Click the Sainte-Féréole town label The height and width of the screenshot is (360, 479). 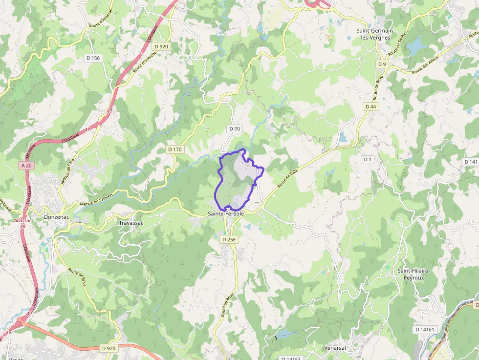coord(226,214)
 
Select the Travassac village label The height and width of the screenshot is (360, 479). coord(131,223)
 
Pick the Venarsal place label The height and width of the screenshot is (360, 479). coord(335,348)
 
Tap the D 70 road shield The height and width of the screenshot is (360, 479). coord(235,129)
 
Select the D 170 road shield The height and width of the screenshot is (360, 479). coord(174,149)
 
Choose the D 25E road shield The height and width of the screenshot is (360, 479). coord(229,239)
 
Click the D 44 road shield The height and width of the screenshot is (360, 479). coord(370,106)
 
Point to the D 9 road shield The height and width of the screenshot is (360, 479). coord(382,64)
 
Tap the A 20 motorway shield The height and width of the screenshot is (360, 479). coord(27,166)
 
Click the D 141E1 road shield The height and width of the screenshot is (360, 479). coord(425,330)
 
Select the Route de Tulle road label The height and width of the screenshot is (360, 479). coord(287,178)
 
